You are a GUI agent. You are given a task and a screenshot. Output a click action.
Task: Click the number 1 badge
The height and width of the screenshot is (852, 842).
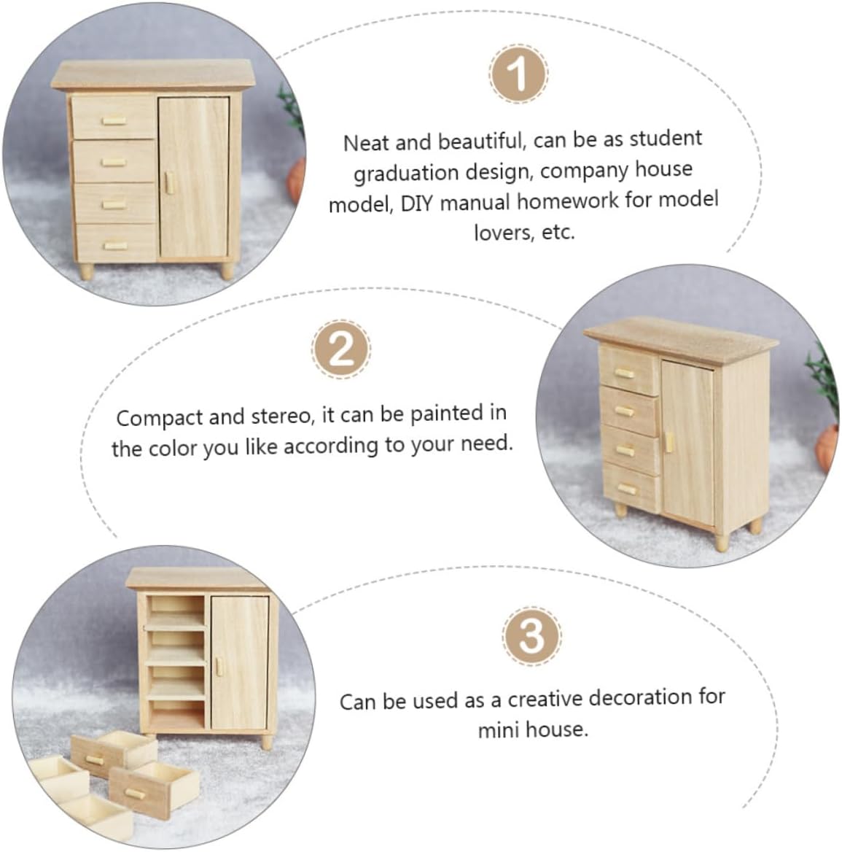pos(518,74)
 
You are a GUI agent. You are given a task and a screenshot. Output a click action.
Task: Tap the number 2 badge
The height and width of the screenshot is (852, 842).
pos(341,349)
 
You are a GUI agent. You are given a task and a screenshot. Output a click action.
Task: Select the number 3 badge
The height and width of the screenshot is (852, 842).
pos(531,636)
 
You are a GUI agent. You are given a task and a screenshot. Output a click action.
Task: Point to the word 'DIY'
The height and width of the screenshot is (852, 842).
pos(417,203)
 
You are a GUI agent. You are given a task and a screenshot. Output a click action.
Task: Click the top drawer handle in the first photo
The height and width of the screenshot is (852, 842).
pos(114,120)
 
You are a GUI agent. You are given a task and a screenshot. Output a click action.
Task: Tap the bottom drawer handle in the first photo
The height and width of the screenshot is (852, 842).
pos(116,246)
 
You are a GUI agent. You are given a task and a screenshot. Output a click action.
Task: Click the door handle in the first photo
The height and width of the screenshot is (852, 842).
pos(169,183)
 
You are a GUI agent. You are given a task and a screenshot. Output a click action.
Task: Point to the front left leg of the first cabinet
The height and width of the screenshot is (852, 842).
pos(86,271)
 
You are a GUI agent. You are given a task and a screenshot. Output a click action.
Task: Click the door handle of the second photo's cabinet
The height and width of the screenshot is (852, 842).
pos(668,441)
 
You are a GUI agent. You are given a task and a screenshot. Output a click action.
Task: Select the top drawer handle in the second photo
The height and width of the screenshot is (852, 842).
pos(624,373)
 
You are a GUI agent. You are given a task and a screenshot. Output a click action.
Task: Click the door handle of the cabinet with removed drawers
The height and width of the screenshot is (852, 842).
pos(219,666)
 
